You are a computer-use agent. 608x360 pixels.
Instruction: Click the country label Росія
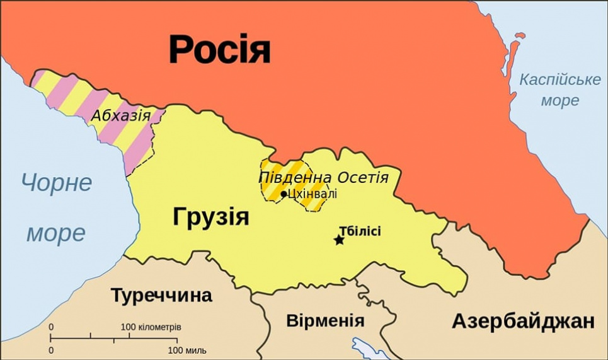[x=219, y=49]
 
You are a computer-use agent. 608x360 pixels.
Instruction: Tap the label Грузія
[x=210, y=218]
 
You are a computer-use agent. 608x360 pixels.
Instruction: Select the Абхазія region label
[x=121, y=115]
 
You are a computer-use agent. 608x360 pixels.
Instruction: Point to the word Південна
[x=290, y=177]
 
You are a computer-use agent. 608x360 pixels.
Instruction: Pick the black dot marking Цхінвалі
[x=284, y=194]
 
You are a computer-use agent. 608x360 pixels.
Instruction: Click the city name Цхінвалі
[x=312, y=194]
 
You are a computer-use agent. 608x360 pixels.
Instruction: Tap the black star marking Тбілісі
[x=339, y=240]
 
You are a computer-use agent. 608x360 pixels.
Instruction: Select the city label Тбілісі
[x=360, y=231]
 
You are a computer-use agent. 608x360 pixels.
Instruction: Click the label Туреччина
[x=161, y=295]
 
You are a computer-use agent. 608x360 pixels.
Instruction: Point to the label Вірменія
[x=325, y=320]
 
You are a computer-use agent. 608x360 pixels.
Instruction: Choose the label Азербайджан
[x=523, y=321]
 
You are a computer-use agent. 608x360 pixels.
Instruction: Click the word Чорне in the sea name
[x=56, y=183]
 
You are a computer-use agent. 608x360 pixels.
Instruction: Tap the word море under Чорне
[x=55, y=233]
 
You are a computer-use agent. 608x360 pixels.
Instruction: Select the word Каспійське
[x=559, y=80]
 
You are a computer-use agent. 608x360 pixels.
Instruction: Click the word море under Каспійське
[x=559, y=101]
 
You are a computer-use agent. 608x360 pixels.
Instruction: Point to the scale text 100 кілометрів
[x=151, y=328]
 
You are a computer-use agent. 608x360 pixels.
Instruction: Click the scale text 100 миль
[x=187, y=350]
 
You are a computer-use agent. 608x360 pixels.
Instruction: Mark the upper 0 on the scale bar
[x=51, y=327]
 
